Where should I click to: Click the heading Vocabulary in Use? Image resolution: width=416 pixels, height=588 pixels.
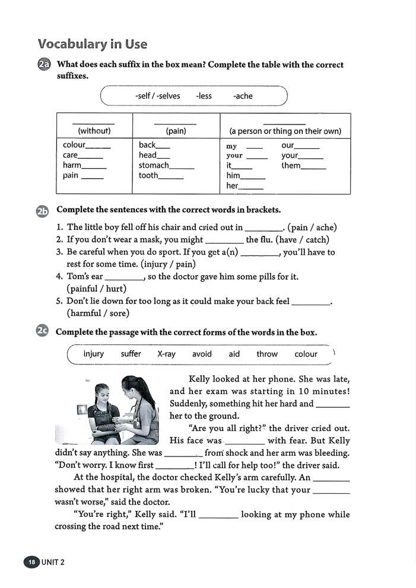tap(92, 44)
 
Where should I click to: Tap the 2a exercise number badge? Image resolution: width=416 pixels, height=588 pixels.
tap(44, 65)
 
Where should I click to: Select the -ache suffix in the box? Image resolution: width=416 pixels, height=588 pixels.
tap(243, 96)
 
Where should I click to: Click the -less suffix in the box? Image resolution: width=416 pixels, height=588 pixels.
tap(204, 96)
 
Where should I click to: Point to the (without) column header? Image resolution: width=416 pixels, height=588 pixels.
tap(94, 131)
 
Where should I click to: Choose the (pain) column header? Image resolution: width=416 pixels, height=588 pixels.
tap(176, 131)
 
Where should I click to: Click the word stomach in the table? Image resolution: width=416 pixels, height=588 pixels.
tap(154, 165)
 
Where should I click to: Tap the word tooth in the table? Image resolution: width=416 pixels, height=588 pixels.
tap(148, 175)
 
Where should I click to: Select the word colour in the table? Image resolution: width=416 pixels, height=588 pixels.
tap(74, 145)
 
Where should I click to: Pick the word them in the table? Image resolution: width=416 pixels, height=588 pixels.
tap(291, 165)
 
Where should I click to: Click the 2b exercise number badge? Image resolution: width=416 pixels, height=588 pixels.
tap(43, 210)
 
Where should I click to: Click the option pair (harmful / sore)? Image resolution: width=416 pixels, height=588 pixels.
tap(98, 313)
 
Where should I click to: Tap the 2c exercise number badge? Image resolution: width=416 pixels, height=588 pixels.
tap(43, 332)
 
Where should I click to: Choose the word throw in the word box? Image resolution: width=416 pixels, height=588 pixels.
tap(267, 354)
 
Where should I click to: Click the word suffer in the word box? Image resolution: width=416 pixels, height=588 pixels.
tap(131, 354)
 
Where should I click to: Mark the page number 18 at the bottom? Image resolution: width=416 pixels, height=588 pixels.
tap(31, 563)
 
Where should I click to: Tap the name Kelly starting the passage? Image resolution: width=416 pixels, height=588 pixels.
tap(200, 379)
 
